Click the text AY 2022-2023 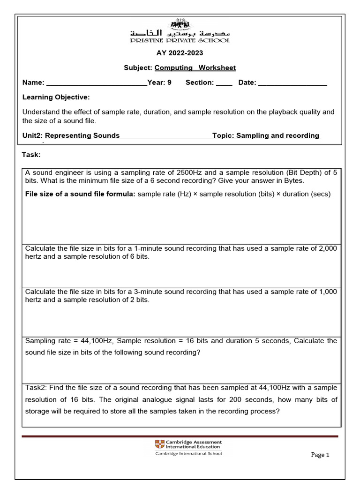(x=180, y=53)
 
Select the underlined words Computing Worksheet (x=195, y=68)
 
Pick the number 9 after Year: (x=169, y=82)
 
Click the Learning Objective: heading (x=56, y=97)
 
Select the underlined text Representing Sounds (x=82, y=135)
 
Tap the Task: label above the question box (x=31, y=155)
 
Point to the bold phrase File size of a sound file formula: (x=80, y=194)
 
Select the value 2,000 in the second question (x=328, y=248)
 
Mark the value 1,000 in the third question (x=328, y=292)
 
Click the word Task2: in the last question (x=36, y=388)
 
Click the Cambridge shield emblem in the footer (x=159, y=444)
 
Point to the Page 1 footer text (x=321, y=455)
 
